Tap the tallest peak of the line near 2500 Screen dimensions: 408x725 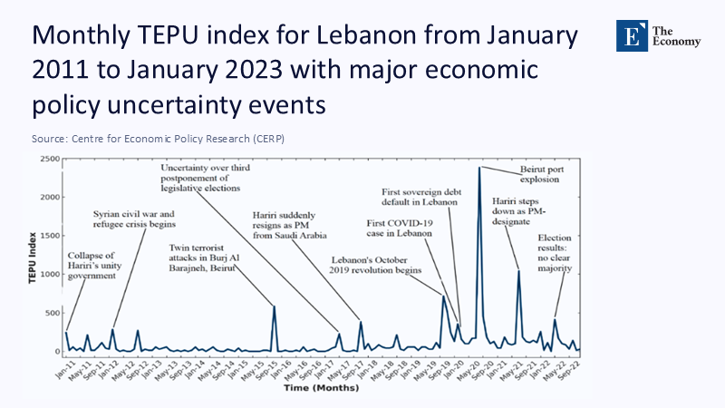[479, 168]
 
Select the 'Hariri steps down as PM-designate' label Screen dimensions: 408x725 [523, 212]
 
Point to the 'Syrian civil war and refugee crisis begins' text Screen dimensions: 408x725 [133, 219]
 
